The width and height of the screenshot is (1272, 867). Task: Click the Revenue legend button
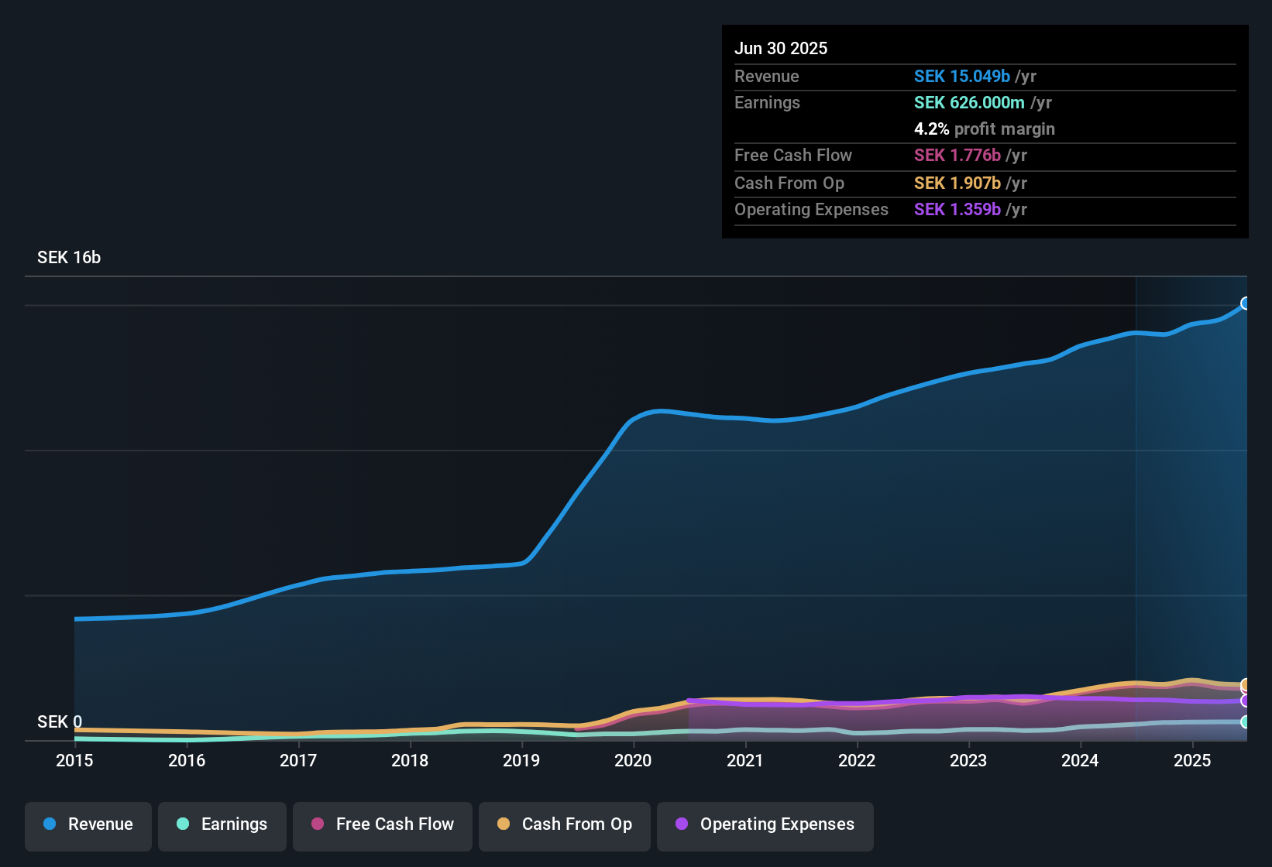88,824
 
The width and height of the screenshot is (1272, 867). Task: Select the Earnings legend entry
222,824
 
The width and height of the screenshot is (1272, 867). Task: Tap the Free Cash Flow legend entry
383,824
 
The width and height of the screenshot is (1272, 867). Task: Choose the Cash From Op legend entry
565,824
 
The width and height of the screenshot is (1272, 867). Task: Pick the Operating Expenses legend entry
765,824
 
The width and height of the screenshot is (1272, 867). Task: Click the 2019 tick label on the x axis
521,760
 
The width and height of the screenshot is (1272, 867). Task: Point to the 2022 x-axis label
857,760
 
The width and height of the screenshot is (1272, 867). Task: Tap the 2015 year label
74,760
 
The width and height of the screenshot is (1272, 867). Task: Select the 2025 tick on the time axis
1192,760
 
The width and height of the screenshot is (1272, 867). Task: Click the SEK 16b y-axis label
69,258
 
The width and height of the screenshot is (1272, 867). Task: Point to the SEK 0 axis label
60,722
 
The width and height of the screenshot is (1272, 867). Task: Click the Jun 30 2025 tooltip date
781,49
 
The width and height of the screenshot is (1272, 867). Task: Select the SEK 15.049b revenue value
962,77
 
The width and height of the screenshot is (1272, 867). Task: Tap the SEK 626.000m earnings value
969,103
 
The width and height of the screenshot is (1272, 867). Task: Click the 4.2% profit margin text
984,129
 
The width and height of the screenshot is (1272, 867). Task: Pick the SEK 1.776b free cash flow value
957,156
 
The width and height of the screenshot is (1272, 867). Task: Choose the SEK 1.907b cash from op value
957,183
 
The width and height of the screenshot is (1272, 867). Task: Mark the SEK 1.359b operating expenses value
957,210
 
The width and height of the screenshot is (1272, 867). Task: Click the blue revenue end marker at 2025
1246,303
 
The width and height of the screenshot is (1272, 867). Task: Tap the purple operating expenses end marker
1246,701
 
